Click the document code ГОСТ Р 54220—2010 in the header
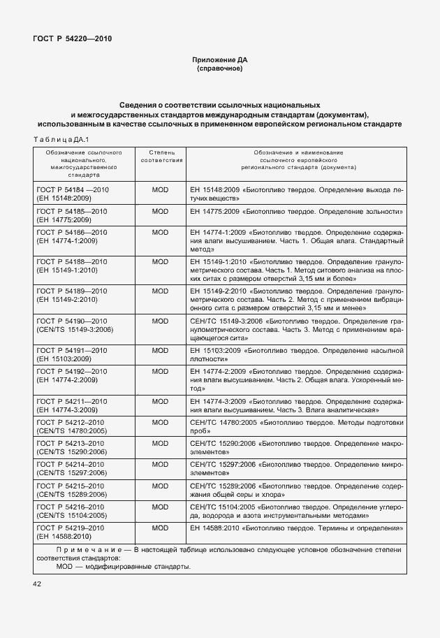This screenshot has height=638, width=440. pos(72,39)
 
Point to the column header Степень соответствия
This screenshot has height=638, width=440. pos(161,155)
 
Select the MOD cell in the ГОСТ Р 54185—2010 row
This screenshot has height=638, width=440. pos(161,211)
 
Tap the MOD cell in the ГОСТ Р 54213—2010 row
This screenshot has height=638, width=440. pos(161,443)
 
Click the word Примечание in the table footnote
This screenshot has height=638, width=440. pos(79,549)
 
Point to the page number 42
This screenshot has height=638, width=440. pos(37,583)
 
